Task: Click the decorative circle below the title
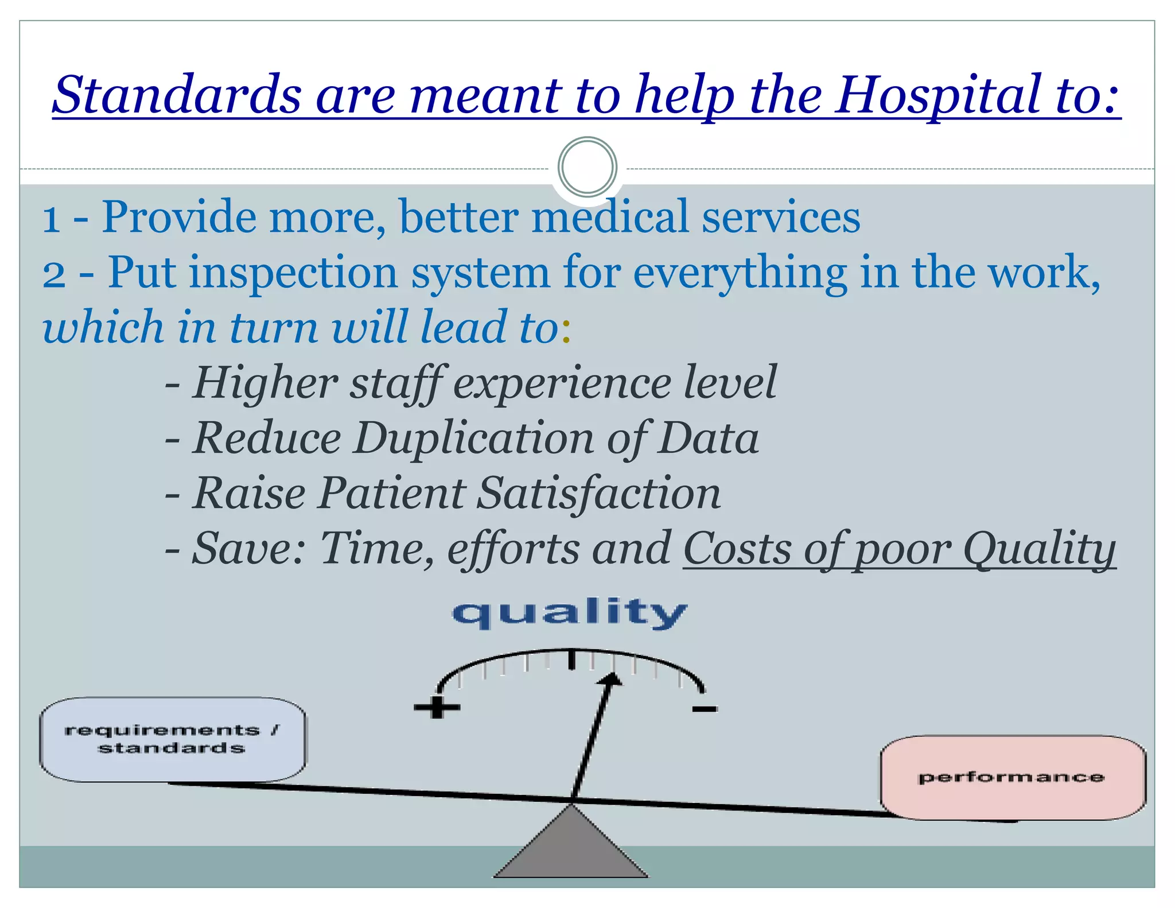(x=587, y=168)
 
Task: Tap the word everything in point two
(x=740, y=273)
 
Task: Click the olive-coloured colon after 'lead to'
(x=566, y=332)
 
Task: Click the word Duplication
(x=473, y=439)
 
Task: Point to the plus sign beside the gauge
(x=437, y=707)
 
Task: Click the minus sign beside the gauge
(x=705, y=709)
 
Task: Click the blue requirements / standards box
(x=172, y=739)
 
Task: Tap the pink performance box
(x=1012, y=778)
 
